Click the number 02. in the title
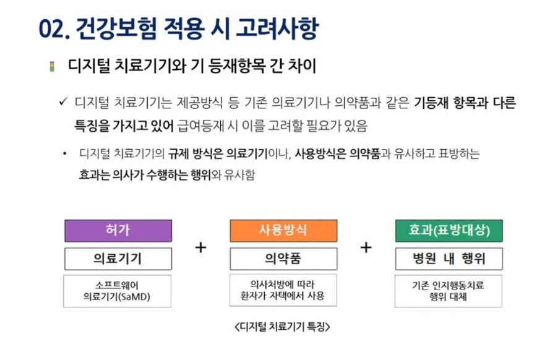(54, 28)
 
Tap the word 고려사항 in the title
(277, 28)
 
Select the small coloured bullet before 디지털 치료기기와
(52, 66)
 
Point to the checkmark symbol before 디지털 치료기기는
(63, 101)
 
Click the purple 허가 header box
(118, 231)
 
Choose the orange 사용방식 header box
(283, 231)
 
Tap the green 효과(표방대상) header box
(449, 231)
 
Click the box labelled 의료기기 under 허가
(118, 259)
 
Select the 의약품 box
(283, 259)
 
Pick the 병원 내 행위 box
(449, 259)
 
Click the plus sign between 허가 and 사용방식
(200, 247)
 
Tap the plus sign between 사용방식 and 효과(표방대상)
(366, 247)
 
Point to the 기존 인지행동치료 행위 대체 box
(449, 291)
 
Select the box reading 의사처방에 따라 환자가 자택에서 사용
(283, 290)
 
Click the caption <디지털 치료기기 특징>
(282, 327)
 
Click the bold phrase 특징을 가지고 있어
(124, 126)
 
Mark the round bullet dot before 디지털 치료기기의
(64, 153)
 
